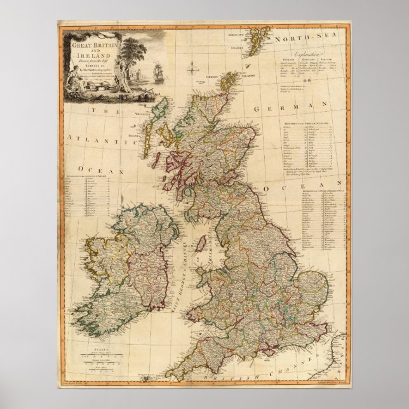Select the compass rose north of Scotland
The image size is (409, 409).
tap(191, 65)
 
